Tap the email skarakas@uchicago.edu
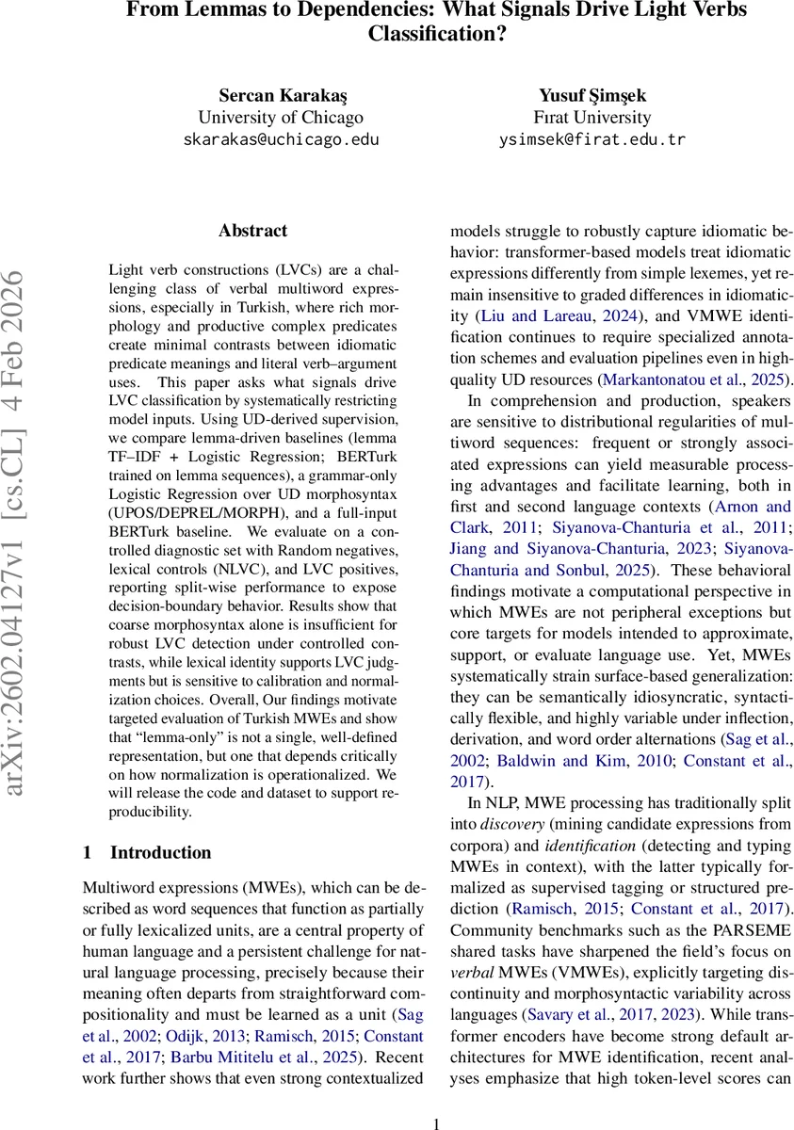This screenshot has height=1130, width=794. [280, 139]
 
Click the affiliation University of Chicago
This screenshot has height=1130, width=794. [280, 118]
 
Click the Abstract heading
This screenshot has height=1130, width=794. [252, 231]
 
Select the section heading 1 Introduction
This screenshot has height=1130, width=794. [147, 852]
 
